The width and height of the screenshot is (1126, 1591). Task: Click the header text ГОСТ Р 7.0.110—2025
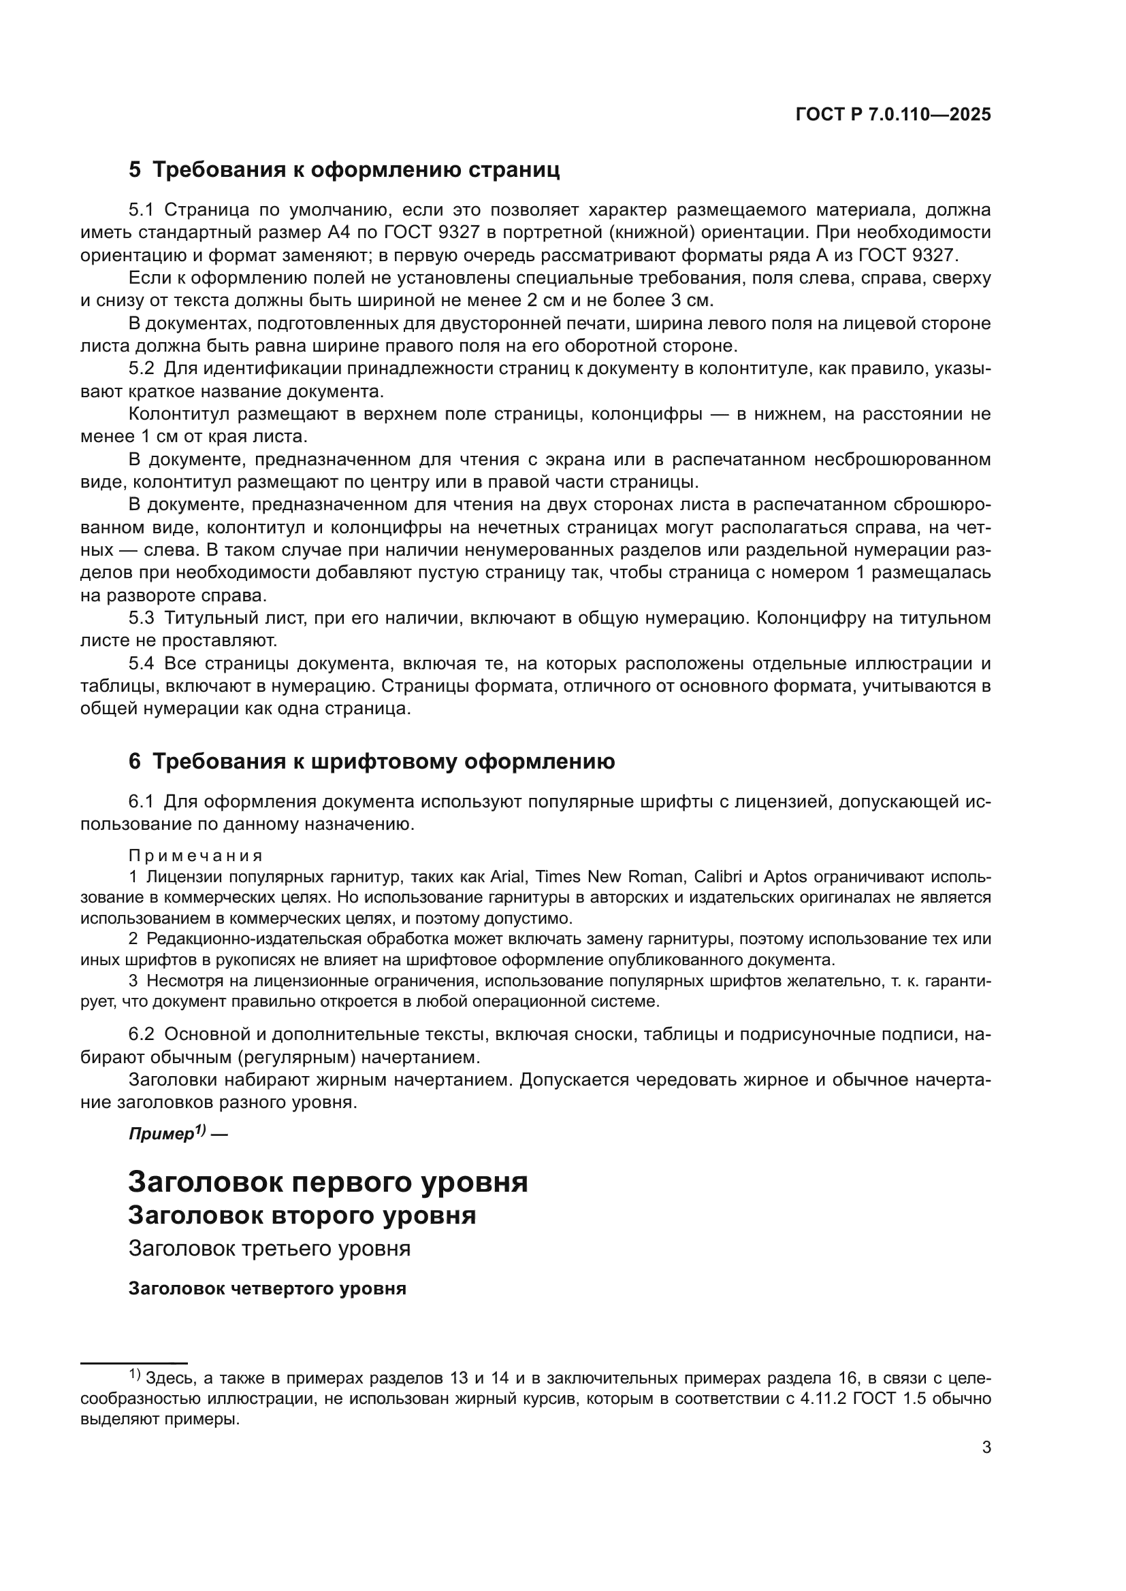893,115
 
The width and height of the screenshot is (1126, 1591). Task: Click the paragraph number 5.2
142,369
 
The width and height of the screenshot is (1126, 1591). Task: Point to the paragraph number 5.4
142,664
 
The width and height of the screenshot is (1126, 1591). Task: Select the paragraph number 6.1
142,802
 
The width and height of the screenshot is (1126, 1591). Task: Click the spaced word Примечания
196,856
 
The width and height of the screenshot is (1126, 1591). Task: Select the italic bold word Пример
161,1135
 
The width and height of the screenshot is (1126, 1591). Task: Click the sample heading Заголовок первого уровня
328,1183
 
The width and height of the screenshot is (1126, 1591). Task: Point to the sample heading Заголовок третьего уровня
270,1249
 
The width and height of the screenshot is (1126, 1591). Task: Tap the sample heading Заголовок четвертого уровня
268,1289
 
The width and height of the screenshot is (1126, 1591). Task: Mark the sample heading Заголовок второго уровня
302,1216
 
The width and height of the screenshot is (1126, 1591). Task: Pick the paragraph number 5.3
142,618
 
